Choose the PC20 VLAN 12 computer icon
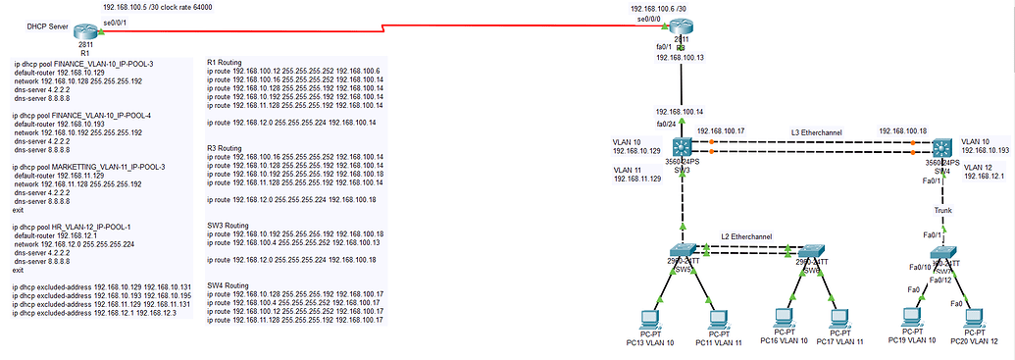[974, 320]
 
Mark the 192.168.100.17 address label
[721, 130]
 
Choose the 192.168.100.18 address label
[903, 130]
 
